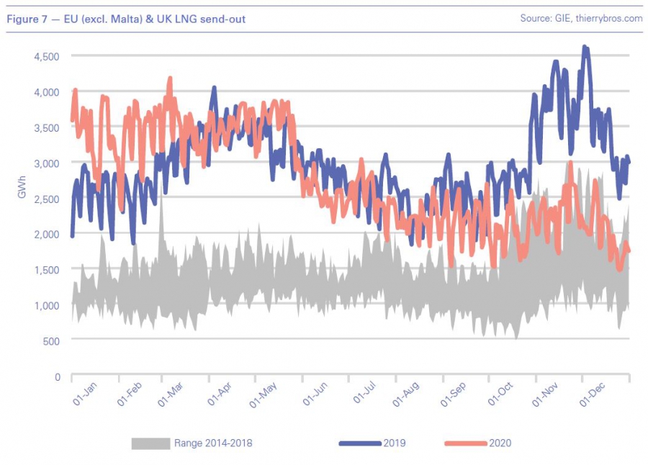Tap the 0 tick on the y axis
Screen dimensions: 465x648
56,376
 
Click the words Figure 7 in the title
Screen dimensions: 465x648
24,19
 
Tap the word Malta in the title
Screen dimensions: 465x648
105,19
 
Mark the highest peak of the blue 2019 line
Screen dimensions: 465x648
585,48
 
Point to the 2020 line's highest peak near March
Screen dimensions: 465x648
170,78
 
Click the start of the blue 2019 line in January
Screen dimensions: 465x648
72,235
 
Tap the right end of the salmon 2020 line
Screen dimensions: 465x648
629,250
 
